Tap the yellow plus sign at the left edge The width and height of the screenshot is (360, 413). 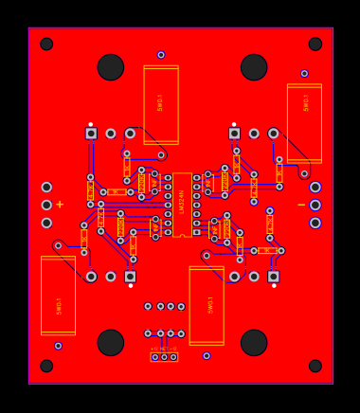60,205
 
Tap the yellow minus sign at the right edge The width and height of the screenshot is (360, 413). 301,205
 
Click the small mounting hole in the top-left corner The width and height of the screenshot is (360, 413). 46,45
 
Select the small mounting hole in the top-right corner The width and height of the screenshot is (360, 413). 315,45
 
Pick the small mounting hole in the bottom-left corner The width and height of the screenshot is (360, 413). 46,366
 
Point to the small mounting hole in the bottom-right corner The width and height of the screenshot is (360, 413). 315,366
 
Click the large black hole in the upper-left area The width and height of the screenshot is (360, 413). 111,67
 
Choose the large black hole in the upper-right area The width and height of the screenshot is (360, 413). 254,67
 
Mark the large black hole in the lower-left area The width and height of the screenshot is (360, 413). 111,342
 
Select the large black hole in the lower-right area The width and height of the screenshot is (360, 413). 254,342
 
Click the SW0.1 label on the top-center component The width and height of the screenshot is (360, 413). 161,102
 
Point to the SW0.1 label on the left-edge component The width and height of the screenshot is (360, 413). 59,306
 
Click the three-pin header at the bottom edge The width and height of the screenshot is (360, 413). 164,357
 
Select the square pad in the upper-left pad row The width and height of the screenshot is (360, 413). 91,134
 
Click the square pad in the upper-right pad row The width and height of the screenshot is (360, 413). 234,134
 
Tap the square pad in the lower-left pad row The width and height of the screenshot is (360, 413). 130,277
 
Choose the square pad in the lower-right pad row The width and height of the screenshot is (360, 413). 273,277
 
